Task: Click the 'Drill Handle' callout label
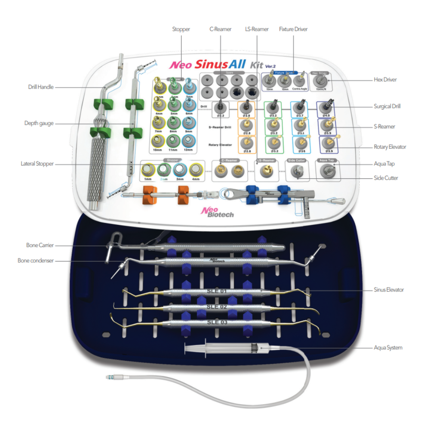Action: (41, 87)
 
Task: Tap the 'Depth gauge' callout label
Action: (39, 123)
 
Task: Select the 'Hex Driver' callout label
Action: (385, 80)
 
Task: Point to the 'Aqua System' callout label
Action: (388, 347)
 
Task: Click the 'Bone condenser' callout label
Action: (36, 261)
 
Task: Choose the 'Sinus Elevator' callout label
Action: (389, 290)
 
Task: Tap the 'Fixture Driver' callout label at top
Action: (293, 29)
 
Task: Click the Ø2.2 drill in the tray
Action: (221, 107)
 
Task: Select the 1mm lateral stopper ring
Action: (148, 169)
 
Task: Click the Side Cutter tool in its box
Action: (296, 171)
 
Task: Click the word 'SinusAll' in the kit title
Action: (217, 64)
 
